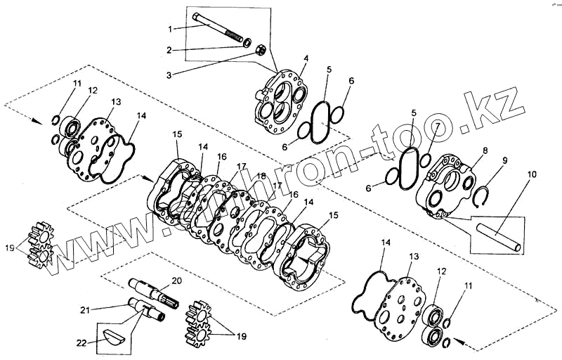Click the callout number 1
(x=169, y=28)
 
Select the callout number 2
(x=169, y=50)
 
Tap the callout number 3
(x=169, y=72)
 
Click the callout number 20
(x=177, y=280)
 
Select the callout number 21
(x=84, y=309)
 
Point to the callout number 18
(x=261, y=176)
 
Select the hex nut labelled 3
(x=259, y=51)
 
